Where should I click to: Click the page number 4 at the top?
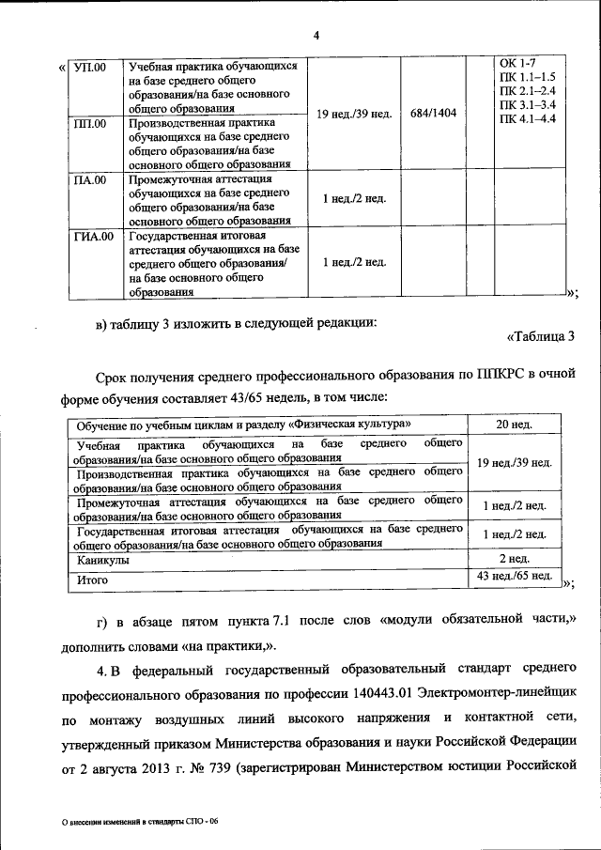coord(316,36)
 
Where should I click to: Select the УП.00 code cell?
coord(90,68)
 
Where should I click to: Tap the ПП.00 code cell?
coord(90,123)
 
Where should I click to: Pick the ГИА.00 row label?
coord(94,236)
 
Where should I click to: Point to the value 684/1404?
coord(433,114)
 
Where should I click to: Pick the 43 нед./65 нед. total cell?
coord(515,575)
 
